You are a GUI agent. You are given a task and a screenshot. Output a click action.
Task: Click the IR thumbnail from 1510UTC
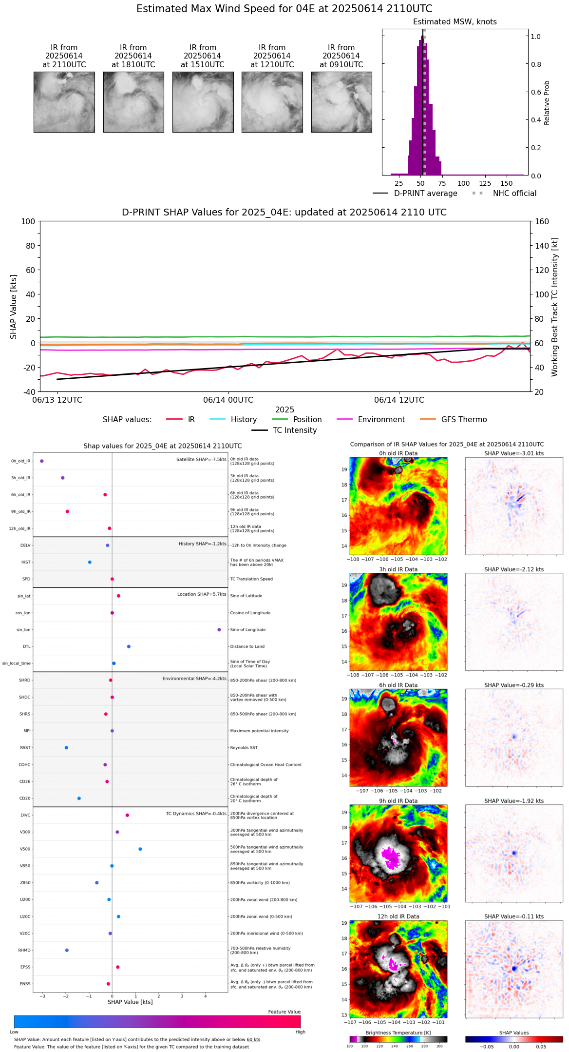[203, 102]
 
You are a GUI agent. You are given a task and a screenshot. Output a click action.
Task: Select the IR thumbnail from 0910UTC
[341, 102]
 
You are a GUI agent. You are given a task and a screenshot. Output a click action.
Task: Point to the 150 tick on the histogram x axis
[507, 183]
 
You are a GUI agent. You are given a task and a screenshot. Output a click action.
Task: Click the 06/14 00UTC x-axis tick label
[228, 400]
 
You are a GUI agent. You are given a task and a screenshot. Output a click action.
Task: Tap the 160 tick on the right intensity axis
[542, 221]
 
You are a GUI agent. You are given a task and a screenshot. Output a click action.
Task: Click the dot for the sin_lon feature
[219, 630]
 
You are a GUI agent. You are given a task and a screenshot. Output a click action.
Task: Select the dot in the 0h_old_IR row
[42, 461]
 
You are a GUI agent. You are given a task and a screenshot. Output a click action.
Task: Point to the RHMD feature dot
[67, 950]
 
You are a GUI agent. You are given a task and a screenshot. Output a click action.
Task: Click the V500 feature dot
[140, 849]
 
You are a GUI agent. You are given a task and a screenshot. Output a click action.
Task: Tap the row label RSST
[25, 748]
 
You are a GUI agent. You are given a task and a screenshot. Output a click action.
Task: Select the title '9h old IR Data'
[398, 801]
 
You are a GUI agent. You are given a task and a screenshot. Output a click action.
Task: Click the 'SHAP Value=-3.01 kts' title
[514, 453]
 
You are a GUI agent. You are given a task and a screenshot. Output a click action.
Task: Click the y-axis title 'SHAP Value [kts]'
[14, 307]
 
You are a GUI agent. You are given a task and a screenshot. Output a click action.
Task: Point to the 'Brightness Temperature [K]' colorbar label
[398, 1033]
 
